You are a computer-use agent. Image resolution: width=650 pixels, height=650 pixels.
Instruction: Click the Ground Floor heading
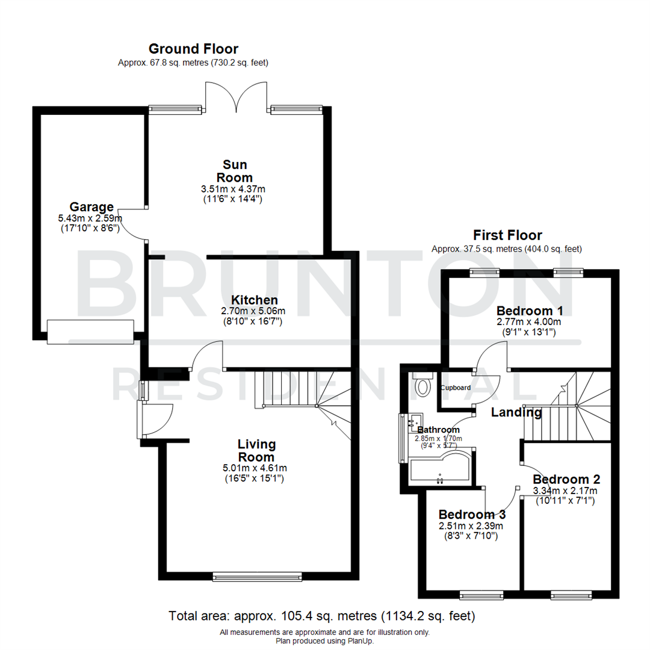(x=193, y=49)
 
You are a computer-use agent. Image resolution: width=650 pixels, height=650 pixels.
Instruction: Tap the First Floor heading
(x=507, y=235)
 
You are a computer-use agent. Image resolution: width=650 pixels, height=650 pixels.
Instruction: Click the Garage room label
(x=91, y=207)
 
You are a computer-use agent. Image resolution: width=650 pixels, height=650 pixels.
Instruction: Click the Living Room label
(x=256, y=451)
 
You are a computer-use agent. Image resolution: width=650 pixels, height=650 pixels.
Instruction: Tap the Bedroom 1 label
(x=530, y=311)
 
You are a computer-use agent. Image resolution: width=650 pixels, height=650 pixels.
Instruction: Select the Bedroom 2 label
(x=566, y=480)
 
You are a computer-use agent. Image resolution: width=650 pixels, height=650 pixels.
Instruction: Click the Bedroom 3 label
(x=472, y=515)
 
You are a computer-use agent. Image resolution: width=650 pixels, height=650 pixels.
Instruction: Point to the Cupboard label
(x=455, y=388)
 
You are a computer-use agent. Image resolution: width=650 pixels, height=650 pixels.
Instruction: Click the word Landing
(x=516, y=413)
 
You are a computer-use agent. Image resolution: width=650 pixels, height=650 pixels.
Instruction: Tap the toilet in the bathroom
(x=424, y=385)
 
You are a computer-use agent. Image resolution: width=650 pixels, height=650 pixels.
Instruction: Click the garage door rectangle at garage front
(x=90, y=332)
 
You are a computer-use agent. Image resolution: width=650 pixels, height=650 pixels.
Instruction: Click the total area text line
(x=322, y=616)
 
